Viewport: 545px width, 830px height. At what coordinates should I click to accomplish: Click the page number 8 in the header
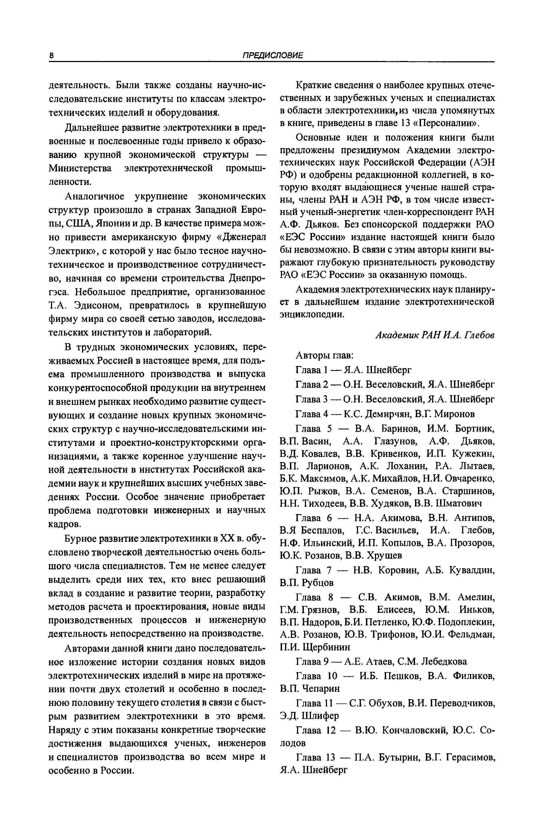51,56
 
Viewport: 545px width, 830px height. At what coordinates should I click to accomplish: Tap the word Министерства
80,168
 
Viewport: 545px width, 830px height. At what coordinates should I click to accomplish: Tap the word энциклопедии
312,314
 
